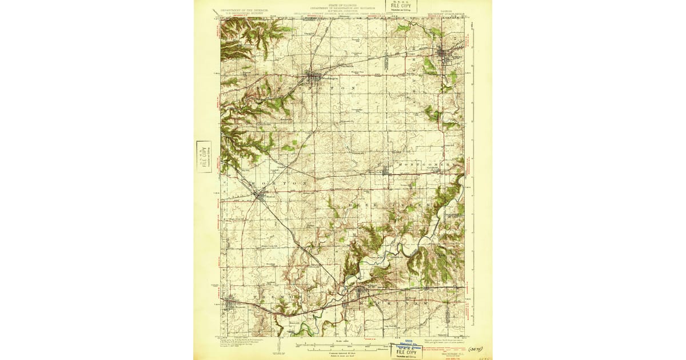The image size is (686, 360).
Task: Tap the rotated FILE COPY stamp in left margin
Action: [203, 157]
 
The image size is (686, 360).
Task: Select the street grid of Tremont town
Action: [231, 303]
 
